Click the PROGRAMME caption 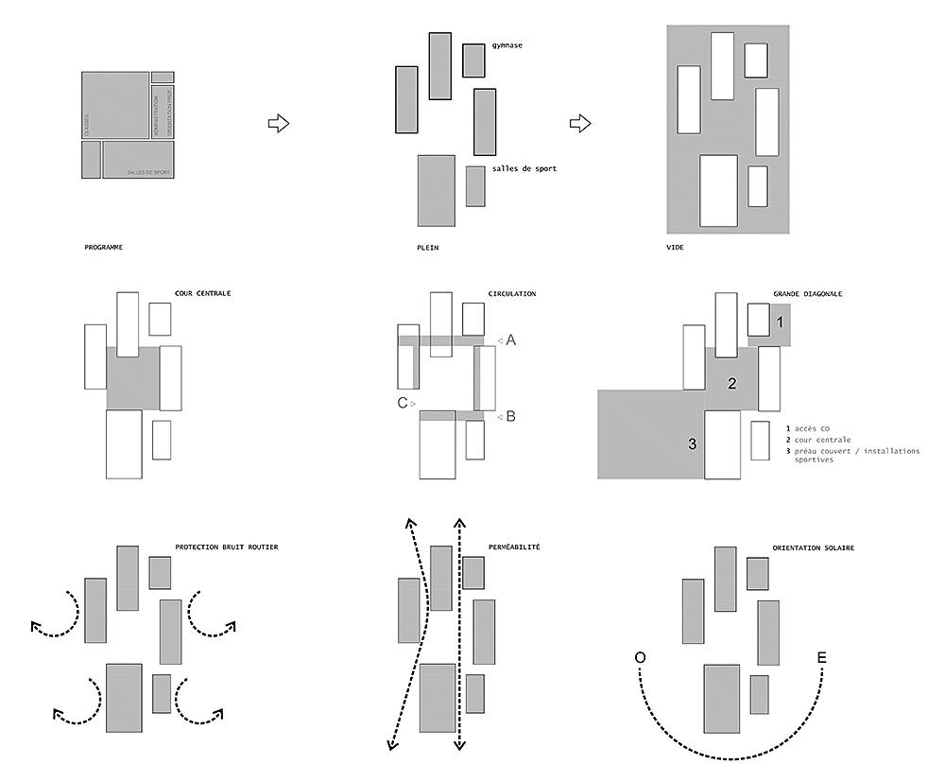pyautogui.click(x=104, y=248)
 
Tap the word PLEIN pyautogui.click(x=427, y=248)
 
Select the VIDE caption pyautogui.click(x=675, y=248)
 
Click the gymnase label pyautogui.click(x=507, y=45)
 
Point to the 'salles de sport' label pyautogui.click(x=524, y=168)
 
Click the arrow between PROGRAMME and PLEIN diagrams pyautogui.click(x=278, y=123)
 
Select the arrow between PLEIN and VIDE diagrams pyautogui.click(x=580, y=123)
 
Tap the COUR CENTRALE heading pyautogui.click(x=203, y=294)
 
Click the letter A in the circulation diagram pyautogui.click(x=510, y=340)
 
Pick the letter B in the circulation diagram pyautogui.click(x=510, y=415)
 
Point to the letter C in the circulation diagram pyautogui.click(x=403, y=403)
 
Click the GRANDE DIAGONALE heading pyautogui.click(x=808, y=294)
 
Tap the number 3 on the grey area pyautogui.click(x=692, y=443)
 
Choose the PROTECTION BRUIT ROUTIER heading pyautogui.click(x=227, y=547)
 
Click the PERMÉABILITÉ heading pyautogui.click(x=515, y=547)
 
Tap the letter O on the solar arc pyautogui.click(x=641, y=658)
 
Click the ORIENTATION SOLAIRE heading pyautogui.click(x=807, y=547)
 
